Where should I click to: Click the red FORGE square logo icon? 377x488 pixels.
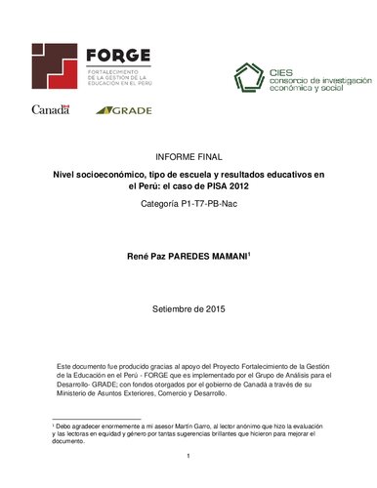[x=55, y=64]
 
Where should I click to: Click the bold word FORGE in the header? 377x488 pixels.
[x=116, y=55]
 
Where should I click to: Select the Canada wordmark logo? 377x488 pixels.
[x=51, y=109]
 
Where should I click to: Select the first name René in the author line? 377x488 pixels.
[x=140, y=256]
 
